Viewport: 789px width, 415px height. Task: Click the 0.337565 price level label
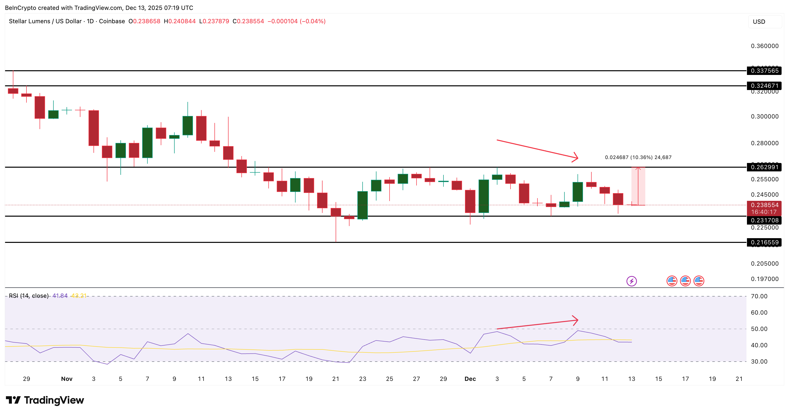[x=764, y=71]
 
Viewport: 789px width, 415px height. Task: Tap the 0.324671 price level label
[x=764, y=86]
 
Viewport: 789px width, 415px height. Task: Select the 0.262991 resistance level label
[x=764, y=167]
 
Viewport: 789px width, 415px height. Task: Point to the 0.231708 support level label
[x=764, y=220]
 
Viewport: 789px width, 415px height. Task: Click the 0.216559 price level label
[x=764, y=242]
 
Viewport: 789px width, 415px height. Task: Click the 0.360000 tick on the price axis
[x=765, y=46]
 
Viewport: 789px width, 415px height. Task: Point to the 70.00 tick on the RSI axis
[x=759, y=296]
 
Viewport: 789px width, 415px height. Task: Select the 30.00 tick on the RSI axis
[x=759, y=361]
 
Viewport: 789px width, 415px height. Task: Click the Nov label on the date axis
[x=67, y=379]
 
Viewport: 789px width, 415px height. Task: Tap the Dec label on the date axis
[x=470, y=379]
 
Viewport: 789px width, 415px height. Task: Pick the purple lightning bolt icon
[x=631, y=281]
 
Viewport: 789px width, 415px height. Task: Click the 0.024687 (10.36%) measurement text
[x=638, y=158]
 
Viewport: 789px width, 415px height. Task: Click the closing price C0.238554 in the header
[x=248, y=21]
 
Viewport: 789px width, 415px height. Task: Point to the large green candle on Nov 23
[x=363, y=205]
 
